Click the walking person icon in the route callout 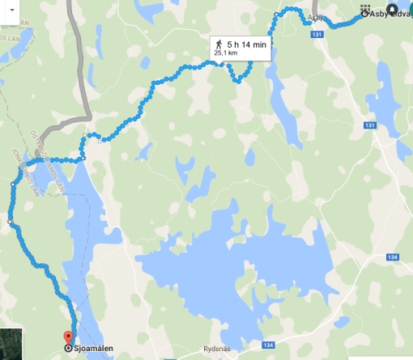218,43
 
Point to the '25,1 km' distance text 227,53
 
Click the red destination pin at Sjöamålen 67,337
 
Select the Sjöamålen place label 91,349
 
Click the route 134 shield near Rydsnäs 268,345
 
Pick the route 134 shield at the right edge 392,257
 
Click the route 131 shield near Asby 317,35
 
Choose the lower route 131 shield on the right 370,125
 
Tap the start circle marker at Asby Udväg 364,14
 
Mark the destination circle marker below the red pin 67,349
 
